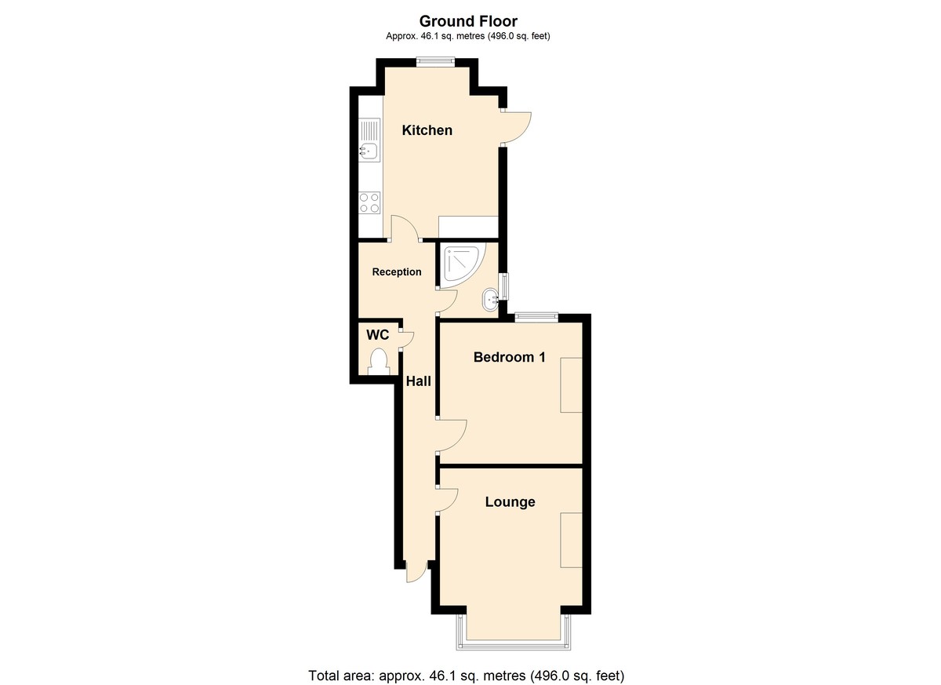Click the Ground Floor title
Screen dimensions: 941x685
tap(468, 21)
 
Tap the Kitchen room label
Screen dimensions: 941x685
tap(427, 130)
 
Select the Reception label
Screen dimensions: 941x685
tap(397, 272)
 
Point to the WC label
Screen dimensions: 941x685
tap(378, 335)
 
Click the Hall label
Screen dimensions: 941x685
tap(419, 381)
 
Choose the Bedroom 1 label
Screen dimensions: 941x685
tap(509, 357)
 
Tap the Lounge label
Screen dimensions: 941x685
tap(510, 501)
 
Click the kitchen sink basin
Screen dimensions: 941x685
tap(75, 151)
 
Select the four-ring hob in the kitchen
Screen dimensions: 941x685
tap(75, 203)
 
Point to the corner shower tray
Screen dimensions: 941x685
tap(460, 265)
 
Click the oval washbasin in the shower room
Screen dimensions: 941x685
tap(490, 300)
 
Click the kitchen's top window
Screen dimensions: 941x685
tap(436, 62)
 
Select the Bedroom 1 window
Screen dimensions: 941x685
tap(536, 317)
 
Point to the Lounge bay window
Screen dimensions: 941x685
tap(514, 636)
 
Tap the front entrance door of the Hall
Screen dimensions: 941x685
tap(416, 571)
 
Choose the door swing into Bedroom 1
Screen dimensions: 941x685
tap(452, 436)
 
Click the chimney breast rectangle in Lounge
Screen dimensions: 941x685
tap(572, 541)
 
